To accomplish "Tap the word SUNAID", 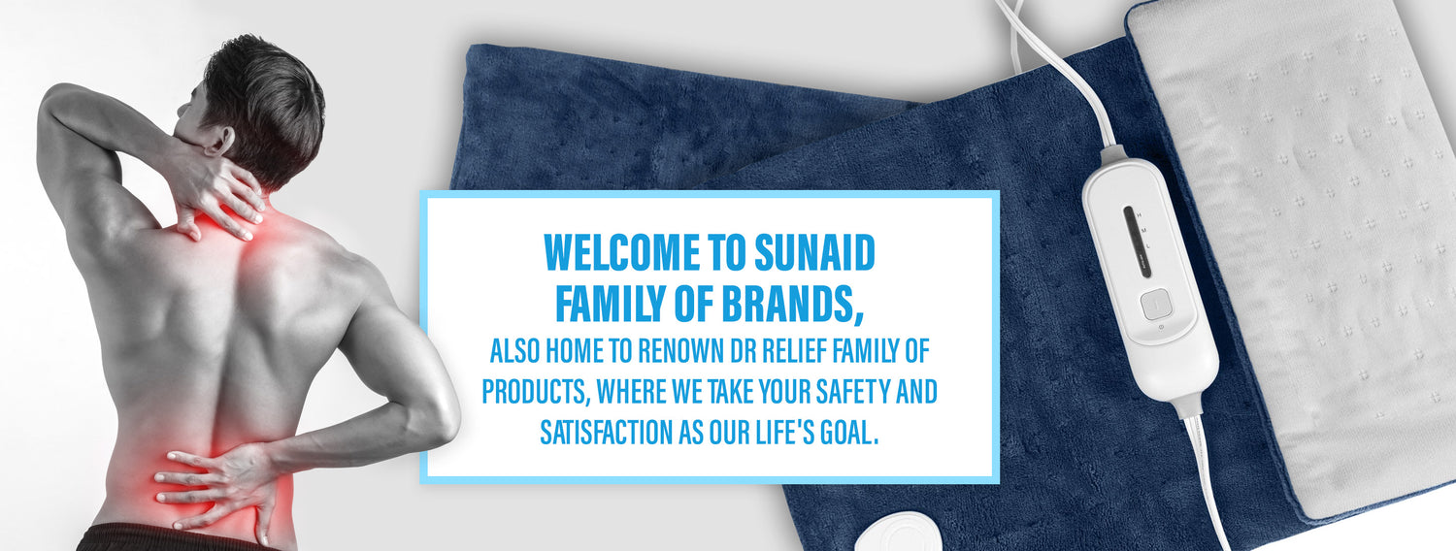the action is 814,252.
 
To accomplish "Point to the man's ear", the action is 219,140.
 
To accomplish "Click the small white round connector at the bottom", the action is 898,532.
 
